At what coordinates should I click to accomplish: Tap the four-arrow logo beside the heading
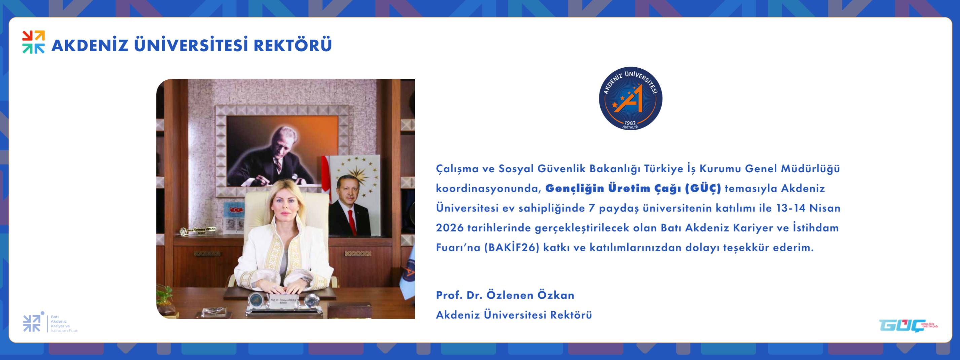click(34, 42)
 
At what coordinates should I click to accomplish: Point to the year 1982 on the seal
click(630, 122)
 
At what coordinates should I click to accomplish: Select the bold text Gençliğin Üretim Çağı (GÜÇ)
click(633, 188)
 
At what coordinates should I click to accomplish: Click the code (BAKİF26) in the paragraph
click(512, 247)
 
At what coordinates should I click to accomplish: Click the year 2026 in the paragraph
click(449, 228)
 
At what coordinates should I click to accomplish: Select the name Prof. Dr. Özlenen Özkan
click(505, 295)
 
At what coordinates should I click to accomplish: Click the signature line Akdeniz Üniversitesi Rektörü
click(514, 315)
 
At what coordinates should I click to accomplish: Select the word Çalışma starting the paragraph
click(457, 169)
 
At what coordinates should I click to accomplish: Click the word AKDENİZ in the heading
click(90, 45)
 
